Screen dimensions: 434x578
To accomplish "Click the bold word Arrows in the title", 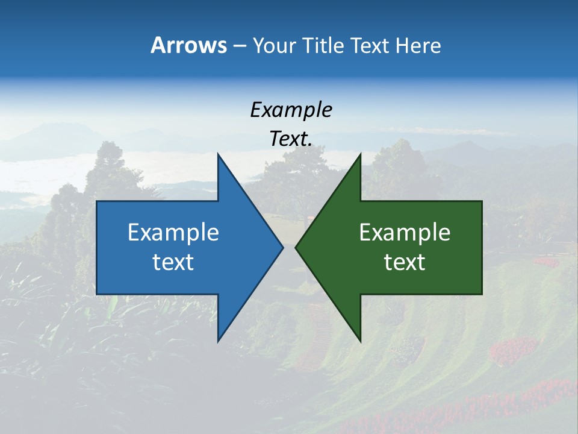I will (188, 45).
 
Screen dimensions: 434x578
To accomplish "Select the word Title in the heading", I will (322, 45).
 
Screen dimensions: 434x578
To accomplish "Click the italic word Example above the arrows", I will (291, 110).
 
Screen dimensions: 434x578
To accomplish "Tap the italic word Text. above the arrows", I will (291, 139).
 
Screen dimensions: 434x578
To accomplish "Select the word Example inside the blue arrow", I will (173, 232).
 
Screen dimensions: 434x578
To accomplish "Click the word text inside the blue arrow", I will (173, 262).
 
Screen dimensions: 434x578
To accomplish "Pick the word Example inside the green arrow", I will (405, 232).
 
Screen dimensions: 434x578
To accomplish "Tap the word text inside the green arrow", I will (405, 262).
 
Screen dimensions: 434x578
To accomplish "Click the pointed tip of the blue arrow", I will (282, 247).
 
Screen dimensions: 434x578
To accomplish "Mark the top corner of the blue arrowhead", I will (218, 154).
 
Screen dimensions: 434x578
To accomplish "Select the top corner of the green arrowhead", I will (360, 154).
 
